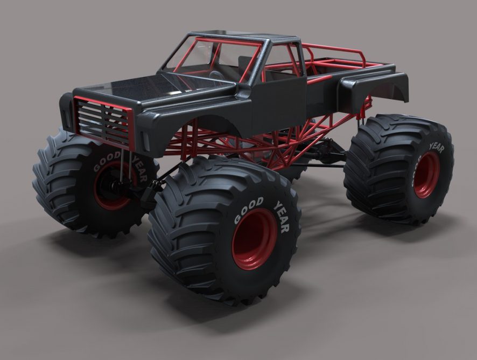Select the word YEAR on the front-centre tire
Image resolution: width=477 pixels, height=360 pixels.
282,216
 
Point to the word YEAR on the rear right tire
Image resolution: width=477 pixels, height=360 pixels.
437,148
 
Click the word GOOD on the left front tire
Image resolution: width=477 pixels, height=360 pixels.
107,162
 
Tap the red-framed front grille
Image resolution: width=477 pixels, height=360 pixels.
104,122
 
